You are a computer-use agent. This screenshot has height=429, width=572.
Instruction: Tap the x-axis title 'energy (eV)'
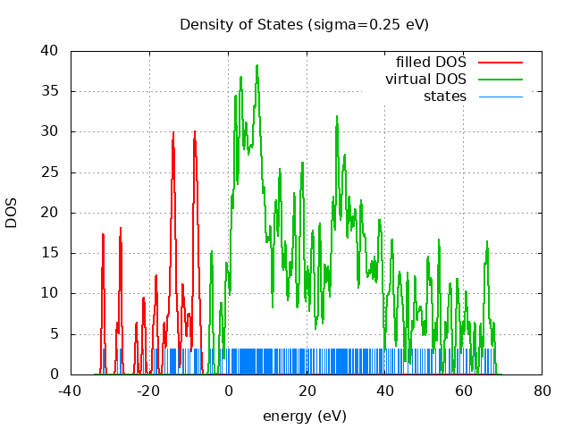tap(304, 416)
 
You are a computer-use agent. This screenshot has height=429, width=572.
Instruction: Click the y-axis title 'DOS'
tap(12, 213)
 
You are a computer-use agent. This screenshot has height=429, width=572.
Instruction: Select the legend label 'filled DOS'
tap(432, 63)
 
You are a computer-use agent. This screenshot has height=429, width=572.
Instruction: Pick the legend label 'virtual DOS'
tap(425, 80)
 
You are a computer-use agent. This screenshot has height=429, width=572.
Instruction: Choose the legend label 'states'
tap(444, 96)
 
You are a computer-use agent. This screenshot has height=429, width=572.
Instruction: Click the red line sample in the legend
tap(500, 63)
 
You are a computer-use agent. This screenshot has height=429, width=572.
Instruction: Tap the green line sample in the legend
tap(500, 80)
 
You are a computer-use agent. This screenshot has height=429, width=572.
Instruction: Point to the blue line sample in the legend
tap(500, 96)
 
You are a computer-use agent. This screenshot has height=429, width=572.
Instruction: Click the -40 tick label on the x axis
tap(71, 391)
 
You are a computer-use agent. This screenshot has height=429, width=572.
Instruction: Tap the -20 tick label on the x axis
tap(148, 391)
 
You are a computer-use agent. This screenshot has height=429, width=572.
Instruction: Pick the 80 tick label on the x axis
tap(542, 391)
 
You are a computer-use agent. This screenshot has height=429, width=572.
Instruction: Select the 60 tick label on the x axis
tap(463, 391)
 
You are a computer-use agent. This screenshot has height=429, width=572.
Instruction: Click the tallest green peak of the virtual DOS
tap(257, 65)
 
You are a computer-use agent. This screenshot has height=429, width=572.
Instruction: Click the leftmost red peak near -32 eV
tap(104, 234)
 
